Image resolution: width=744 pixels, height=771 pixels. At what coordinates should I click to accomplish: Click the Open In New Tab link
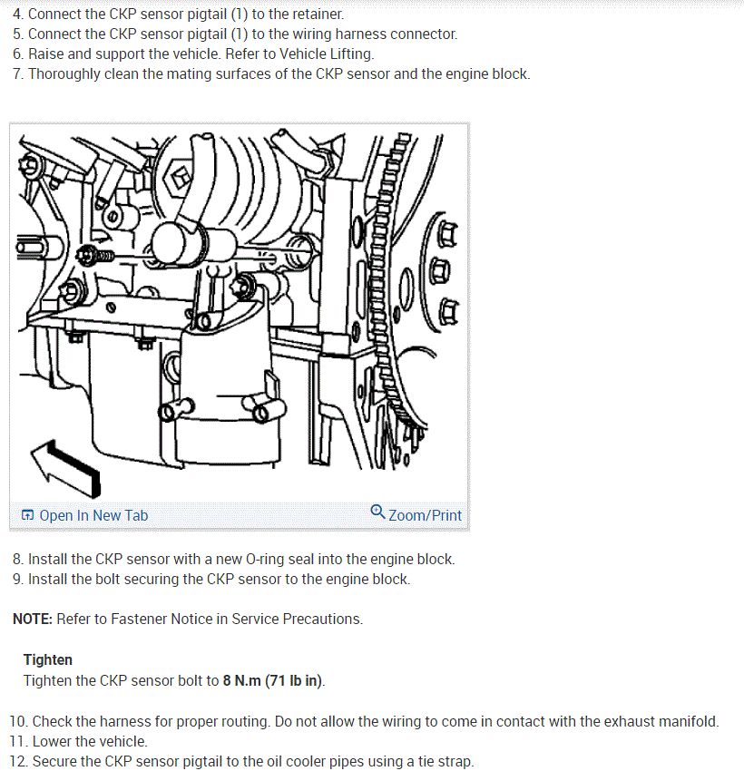tap(84, 515)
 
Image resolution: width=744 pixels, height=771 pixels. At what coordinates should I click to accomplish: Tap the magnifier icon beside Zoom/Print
tap(377, 512)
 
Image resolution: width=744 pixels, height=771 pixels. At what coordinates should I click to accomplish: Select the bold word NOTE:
tap(33, 619)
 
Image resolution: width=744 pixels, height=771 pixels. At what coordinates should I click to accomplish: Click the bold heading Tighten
tap(48, 659)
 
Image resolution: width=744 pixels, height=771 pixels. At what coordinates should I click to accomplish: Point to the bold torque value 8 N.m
tap(241, 680)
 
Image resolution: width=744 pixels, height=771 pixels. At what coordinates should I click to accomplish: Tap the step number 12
tap(18, 761)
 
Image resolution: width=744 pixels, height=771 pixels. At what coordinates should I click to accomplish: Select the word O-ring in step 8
tap(265, 559)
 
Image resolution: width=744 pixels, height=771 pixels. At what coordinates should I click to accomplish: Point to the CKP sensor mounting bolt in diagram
tap(95, 256)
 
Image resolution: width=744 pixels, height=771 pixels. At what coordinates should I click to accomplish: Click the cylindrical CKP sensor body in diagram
tap(193, 243)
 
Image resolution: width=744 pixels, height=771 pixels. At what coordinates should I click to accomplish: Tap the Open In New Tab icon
tap(27, 515)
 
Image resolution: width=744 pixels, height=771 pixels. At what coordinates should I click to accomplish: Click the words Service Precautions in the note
tap(297, 619)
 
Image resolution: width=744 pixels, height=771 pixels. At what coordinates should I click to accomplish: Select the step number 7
tap(17, 73)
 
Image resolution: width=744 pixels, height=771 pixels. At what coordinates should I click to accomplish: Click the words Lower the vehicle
tap(90, 741)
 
